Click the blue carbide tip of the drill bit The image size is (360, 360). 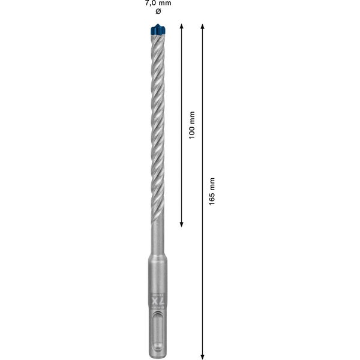(158, 28)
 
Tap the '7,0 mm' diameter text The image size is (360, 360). (158, 3)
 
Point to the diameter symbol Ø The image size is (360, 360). (158, 11)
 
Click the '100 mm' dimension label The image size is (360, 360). (191, 125)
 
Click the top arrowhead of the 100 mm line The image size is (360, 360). (182, 28)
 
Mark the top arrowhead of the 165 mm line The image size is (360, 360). (203, 28)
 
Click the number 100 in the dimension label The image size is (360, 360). (191, 131)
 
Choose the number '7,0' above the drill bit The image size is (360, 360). (151, 3)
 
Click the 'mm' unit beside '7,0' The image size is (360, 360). (165, 3)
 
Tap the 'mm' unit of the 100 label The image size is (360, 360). (191, 116)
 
